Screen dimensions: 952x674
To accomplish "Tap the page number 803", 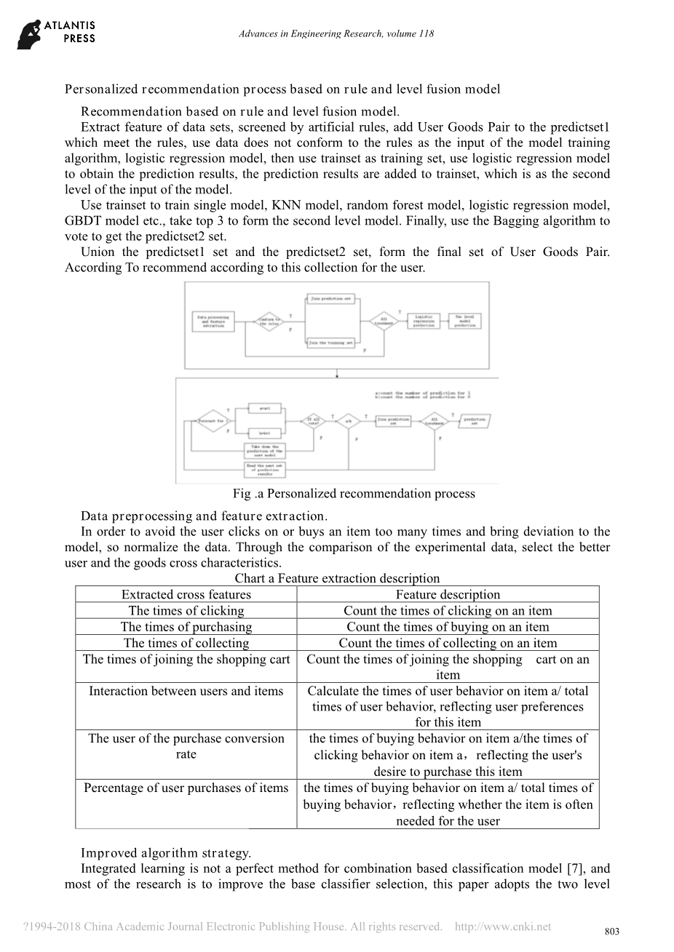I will click(x=612, y=932).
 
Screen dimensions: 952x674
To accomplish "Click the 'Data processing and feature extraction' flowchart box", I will click(x=213, y=321).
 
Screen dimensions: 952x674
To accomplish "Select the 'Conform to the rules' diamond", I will click(x=269, y=321).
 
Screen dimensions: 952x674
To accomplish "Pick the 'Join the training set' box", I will click(x=331, y=342).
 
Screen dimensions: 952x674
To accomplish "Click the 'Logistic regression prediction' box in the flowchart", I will click(x=423, y=321).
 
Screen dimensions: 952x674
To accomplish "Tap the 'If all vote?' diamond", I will click(x=313, y=422).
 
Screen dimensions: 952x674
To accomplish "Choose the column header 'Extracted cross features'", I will click(x=186, y=594).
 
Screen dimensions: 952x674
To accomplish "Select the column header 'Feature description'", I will click(x=448, y=594).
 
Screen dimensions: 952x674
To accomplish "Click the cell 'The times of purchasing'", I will click(x=186, y=627).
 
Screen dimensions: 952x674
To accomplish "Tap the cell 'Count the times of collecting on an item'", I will click(x=448, y=643).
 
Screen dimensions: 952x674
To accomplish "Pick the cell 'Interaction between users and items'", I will click(x=186, y=691).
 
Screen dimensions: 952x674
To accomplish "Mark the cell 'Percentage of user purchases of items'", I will click(x=186, y=788).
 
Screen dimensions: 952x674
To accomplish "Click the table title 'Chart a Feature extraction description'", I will click(x=337, y=578).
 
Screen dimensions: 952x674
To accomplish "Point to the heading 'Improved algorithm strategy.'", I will click(x=165, y=852).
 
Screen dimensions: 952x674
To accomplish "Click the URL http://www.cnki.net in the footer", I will click(x=502, y=927).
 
